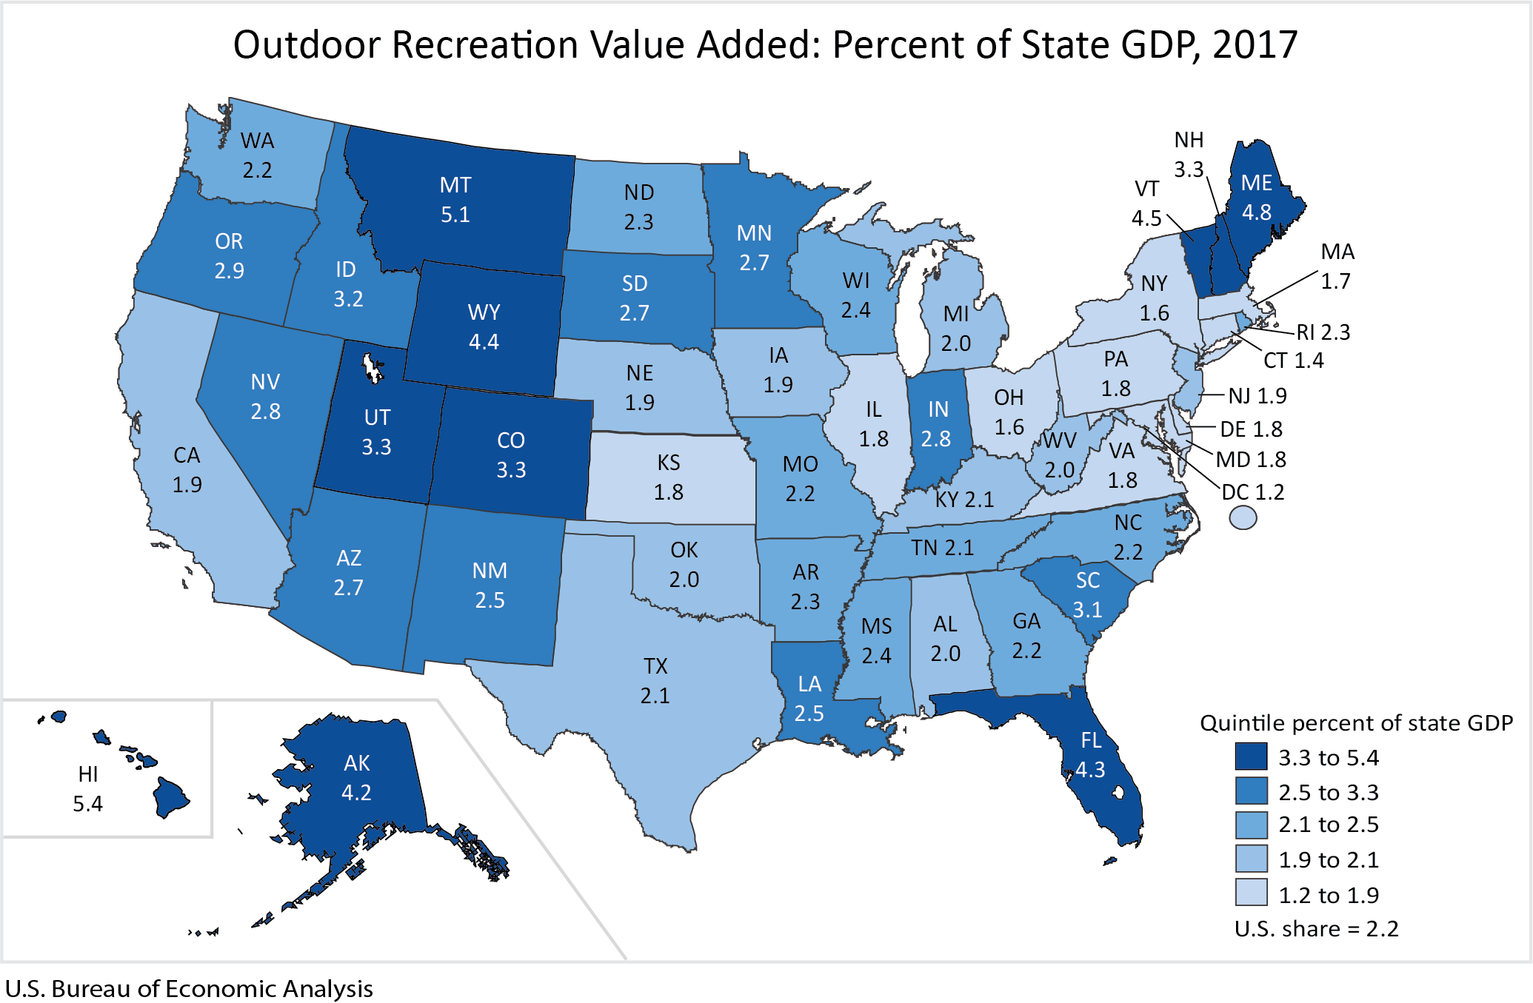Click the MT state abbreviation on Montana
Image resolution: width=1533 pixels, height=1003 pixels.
pos(455,185)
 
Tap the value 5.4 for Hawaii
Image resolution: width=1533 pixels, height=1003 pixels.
pos(87,804)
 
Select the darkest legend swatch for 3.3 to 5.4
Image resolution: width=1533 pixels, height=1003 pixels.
pos(1251,757)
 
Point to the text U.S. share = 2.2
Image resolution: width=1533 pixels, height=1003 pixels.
pos(1316,929)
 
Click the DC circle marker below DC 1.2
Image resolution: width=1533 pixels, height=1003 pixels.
pos(1243,517)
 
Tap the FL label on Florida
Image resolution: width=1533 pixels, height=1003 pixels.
pos(1091,740)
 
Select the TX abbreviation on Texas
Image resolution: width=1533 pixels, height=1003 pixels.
pos(655,666)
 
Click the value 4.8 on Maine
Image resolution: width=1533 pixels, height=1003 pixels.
pos(1256,212)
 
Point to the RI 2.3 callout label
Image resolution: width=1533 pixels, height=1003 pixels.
pos(1323,332)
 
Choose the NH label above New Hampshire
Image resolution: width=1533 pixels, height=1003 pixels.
pos(1189,140)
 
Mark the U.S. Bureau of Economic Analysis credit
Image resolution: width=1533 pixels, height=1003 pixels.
pos(189,989)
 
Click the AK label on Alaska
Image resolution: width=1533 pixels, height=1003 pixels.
pos(356,763)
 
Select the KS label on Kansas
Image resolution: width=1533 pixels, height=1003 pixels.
pos(668,463)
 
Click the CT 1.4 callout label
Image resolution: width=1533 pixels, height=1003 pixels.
pos(1293,360)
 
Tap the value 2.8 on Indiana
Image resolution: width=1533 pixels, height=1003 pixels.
pos(935,439)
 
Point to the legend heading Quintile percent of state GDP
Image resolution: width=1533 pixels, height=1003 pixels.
pos(1355,722)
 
